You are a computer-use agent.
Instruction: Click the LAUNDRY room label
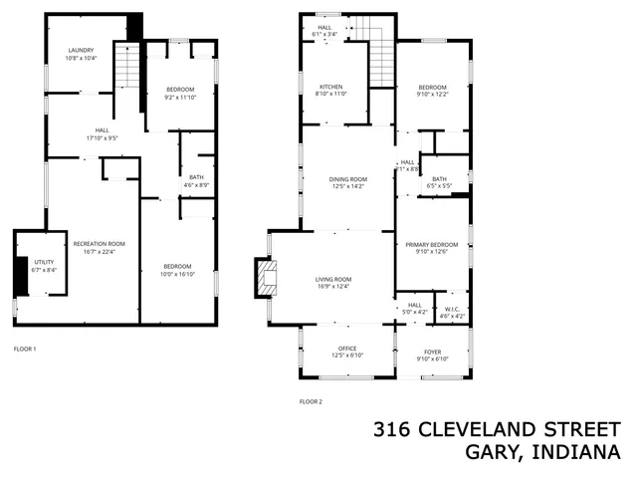click(82, 50)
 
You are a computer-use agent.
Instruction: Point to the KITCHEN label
click(330, 87)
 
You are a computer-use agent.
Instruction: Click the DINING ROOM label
click(348, 179)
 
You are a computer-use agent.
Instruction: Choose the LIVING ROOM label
click(334, 280)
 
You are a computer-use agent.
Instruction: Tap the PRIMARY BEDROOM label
click(431, 244)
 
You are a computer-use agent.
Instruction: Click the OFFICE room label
click(346, 349)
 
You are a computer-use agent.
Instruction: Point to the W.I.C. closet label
click(453, 308)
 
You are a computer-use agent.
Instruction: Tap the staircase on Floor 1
click(126, 69)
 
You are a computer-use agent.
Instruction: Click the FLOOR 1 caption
click(25, 350)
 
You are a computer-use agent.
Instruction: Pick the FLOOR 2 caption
click(312, 401)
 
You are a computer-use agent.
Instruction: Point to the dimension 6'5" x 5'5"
click(439, 186)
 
